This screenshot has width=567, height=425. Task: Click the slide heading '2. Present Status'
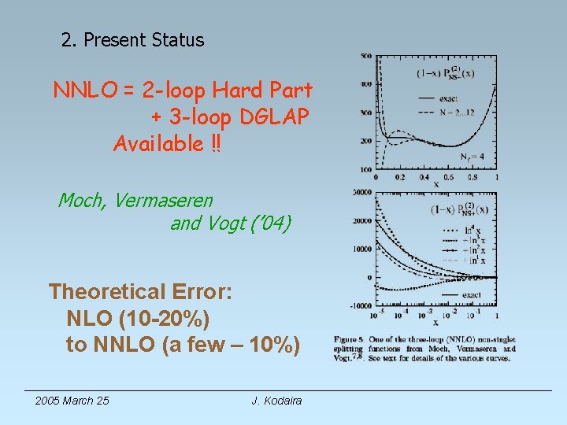coord(132,40)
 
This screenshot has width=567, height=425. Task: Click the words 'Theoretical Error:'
coord(140,293)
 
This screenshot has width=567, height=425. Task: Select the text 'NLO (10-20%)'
coord(139,319)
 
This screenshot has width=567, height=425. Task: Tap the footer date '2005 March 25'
coord(72,401)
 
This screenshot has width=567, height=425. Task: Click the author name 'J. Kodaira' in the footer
coord(276,401)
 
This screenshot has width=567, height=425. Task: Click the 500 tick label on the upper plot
coord(367,57)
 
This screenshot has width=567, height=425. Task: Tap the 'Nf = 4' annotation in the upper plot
coord(472,156)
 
